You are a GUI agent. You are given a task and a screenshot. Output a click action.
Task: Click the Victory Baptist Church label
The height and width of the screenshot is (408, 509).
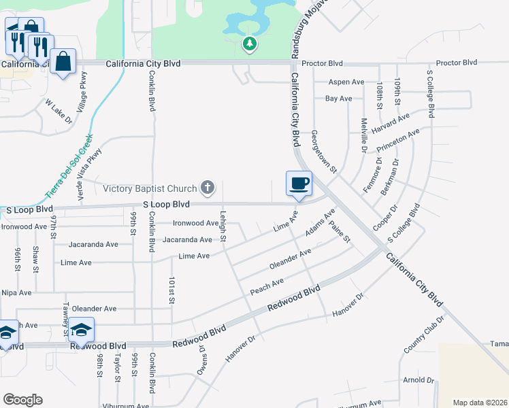coord(150,188)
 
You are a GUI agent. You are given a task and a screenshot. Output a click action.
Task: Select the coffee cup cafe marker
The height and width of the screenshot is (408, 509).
coord(299,183)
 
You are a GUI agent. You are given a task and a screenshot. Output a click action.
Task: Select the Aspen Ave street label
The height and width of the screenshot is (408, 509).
coord(346,82)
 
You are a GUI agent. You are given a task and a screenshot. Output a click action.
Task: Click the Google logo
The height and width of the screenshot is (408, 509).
coord(22,400)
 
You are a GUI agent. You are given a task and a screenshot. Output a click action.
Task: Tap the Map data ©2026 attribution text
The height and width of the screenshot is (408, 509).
coord(480,403)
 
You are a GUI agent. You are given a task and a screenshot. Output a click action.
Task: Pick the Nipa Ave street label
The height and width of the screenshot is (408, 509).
coord(16,292)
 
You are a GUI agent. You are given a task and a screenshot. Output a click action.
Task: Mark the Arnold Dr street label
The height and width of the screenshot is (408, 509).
coord(418,380)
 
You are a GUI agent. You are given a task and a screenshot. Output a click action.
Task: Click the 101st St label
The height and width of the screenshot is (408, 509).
coord(172,291)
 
